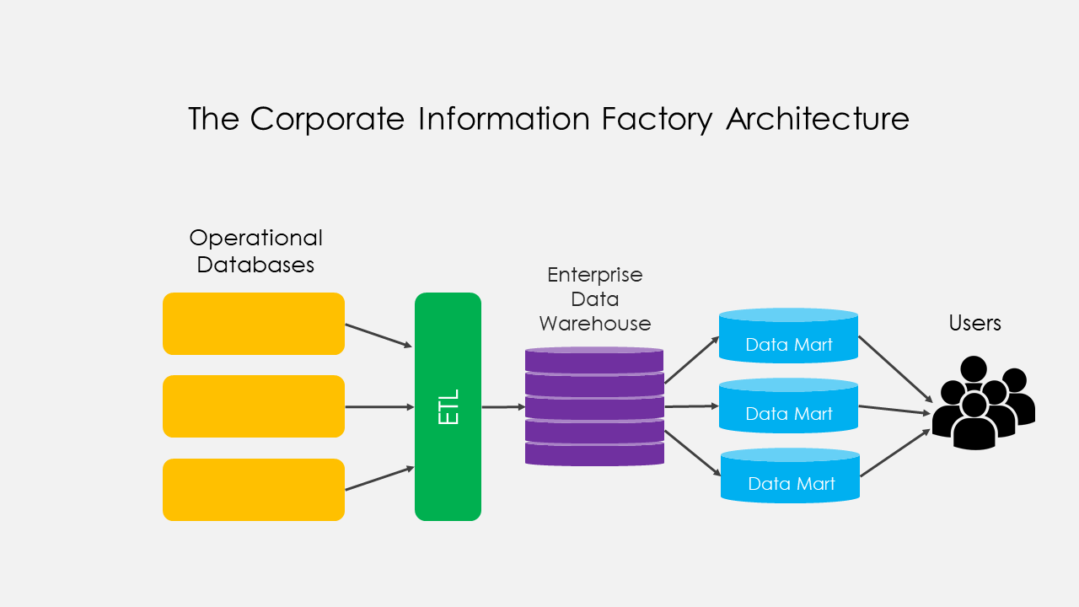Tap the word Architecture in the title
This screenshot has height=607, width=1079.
[x=818, y=119]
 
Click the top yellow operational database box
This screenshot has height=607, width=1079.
[x=254, y=324]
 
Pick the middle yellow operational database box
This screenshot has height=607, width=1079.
[x=254, y=406]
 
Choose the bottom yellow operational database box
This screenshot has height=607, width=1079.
[x=254, y=490]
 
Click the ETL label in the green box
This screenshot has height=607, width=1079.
[x=448, y=406]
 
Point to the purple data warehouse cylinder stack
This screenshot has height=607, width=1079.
[x=594, y=406]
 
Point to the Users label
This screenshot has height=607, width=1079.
[x=974, y=323]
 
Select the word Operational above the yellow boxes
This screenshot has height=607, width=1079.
[x=255, y=239]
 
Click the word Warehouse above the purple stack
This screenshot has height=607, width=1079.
[x=595, y=324]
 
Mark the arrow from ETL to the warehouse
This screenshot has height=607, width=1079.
[x=503, y=407]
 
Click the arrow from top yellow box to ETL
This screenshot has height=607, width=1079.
[x=378, y=336]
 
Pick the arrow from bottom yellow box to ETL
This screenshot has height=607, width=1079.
[x=378, y=478]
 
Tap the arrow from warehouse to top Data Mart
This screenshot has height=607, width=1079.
[x=691, y=360]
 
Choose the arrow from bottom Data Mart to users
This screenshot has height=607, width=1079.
[x=894, y=454]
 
